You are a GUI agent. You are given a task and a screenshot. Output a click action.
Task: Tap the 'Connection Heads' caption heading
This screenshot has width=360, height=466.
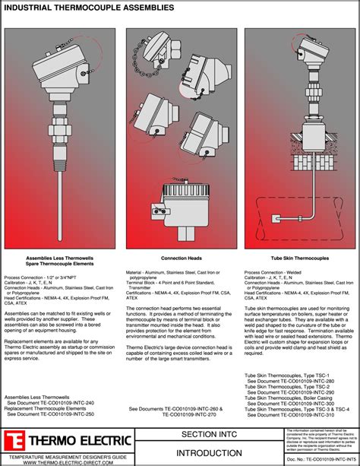[179, 258]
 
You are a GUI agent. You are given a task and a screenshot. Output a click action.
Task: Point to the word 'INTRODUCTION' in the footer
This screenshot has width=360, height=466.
[201, 452]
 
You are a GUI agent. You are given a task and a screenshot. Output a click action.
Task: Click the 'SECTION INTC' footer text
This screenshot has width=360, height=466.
[201, 434]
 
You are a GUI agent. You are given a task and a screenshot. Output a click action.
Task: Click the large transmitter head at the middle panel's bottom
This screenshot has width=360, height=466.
[181, 208]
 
